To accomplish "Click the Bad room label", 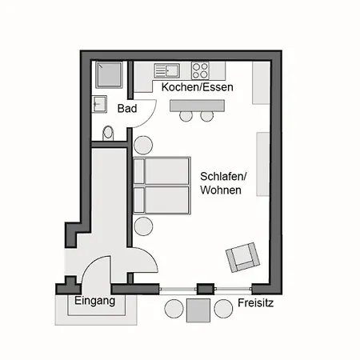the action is click(127, 109).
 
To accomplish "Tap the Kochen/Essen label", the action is click(198, 87).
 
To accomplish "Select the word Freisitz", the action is click(255, 303).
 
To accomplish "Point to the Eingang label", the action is click(94, 301).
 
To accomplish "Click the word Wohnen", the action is click(221, 190).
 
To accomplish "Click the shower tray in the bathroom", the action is click(109, 74).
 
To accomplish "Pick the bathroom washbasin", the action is click(99, 104).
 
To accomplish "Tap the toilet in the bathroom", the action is click(108, 133).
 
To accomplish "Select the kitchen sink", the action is click(167, 70).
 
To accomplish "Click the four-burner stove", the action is click(200, 70).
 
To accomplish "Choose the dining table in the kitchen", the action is click(197, 106).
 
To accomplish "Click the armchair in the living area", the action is click(242, 258).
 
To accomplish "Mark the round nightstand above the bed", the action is click(143, 145).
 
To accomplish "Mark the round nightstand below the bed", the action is click(143, 226).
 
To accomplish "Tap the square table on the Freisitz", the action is click(198, 310).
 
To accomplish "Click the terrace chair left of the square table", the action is click(174, 309).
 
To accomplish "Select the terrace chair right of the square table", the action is click(223, 309).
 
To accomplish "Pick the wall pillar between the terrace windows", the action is click(206, 289).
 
